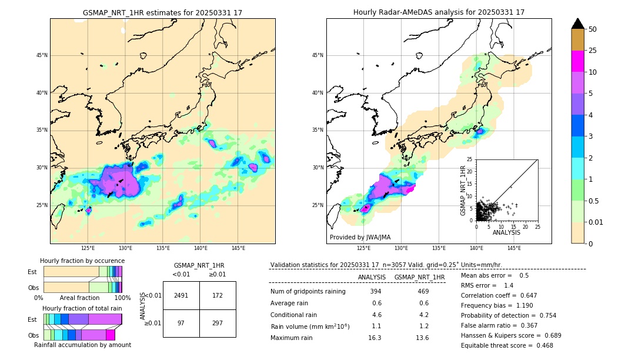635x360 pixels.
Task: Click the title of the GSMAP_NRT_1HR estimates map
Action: pos(162,12)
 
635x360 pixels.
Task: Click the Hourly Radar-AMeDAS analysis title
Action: pos(439,12)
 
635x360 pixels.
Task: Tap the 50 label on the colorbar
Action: pos(593,29)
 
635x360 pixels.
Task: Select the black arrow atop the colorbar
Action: pos(578,24)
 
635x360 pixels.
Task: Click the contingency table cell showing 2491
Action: pos(181,295)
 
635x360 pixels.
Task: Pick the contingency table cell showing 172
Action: pos(218,295)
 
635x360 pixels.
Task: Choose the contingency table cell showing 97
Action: pos(181,323)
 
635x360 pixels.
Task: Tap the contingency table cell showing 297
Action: pos(218,323)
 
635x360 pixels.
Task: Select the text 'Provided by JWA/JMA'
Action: pos(360,238)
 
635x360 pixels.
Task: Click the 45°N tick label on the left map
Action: pos(42,55)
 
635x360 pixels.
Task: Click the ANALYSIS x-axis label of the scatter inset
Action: pos(506,232)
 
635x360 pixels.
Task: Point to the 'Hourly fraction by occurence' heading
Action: pos(82,261)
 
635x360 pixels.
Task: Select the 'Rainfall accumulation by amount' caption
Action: pos(82,345)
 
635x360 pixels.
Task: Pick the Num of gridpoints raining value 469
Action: pos(423,292)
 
